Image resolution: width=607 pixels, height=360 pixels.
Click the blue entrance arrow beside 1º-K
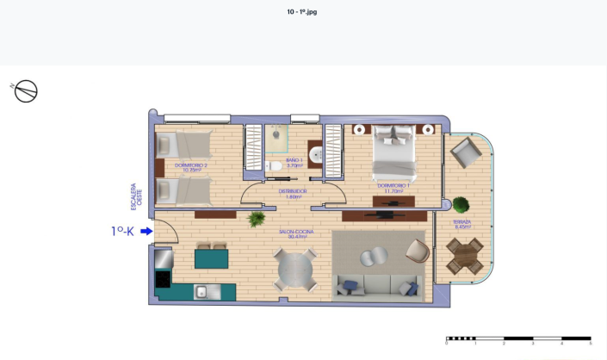[146, 231]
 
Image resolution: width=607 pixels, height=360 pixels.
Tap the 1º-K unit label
[122, 231]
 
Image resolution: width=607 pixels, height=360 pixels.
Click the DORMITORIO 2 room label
[191, 167]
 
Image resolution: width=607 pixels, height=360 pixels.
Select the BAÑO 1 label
[294, 161]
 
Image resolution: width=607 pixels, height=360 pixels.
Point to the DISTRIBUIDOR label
[293, 193]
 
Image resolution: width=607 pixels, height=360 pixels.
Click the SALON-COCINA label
[293, 233]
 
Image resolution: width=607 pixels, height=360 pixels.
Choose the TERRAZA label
[462, 224]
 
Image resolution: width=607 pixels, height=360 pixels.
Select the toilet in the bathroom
[274, 166]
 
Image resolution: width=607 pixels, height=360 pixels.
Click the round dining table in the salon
[294, 269]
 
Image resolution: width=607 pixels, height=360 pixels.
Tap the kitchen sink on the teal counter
[201, 292]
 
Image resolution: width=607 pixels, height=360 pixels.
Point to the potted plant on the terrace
[461, 205]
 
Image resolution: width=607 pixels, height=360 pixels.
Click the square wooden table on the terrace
[464, 256]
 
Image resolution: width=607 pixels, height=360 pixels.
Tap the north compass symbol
[26, 90]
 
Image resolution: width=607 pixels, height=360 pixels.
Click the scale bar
[517, 339]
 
